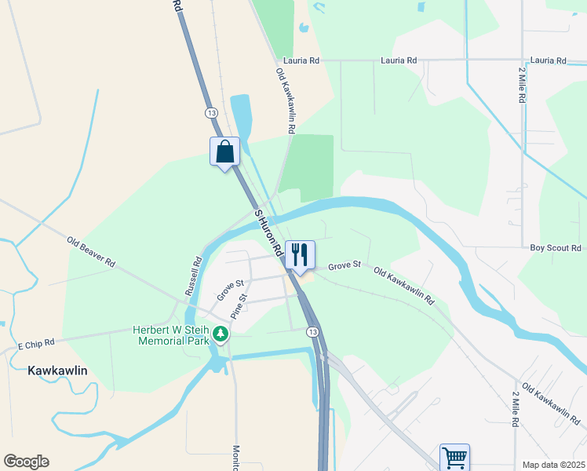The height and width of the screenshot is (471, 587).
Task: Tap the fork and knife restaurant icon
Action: coord(299,254)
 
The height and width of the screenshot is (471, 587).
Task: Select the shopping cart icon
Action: coord(454,457)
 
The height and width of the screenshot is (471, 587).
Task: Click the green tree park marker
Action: coord(221,335)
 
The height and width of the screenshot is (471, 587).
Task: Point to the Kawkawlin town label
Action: coord(57,370)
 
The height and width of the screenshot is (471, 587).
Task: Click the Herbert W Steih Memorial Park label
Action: coord(173,336)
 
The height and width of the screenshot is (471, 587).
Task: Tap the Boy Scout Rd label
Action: coord(555,248)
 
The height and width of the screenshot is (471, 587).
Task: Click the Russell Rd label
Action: coord(193,276)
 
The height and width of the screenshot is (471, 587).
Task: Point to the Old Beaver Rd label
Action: coord(91,251)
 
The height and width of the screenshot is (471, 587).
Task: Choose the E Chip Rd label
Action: coord(36,343)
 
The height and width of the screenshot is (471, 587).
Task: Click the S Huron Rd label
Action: coord(268,233)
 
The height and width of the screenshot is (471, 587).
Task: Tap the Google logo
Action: coord(26,462)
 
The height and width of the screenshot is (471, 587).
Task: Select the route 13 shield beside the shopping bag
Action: coord(211,113)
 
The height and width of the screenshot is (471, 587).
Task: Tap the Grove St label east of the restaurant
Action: coord(344,266)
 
